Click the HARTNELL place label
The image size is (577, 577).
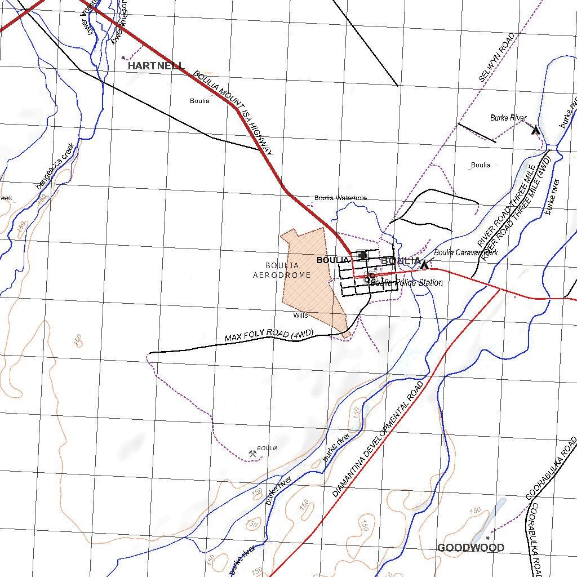(x=156, y=66)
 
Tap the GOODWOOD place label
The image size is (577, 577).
(x=471, y=548)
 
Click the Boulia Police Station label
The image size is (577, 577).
(x=407, y=282)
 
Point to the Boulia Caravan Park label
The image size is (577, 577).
(x=465, y=253)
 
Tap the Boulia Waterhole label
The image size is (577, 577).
(x=340, y=198)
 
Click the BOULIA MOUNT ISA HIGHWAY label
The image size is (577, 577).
(x=233, y=113)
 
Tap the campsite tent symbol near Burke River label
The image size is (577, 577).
(x=536, y=130)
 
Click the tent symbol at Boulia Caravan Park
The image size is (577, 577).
(x=424, y=264)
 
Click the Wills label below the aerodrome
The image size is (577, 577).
(x=300, y=316)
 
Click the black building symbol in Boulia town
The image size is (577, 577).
(x=362, y=255)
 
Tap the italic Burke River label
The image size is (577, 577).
(x=508, y=118)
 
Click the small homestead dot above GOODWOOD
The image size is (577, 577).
(x=487, y=531)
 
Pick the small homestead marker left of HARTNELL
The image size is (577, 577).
(x=123, y=57)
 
